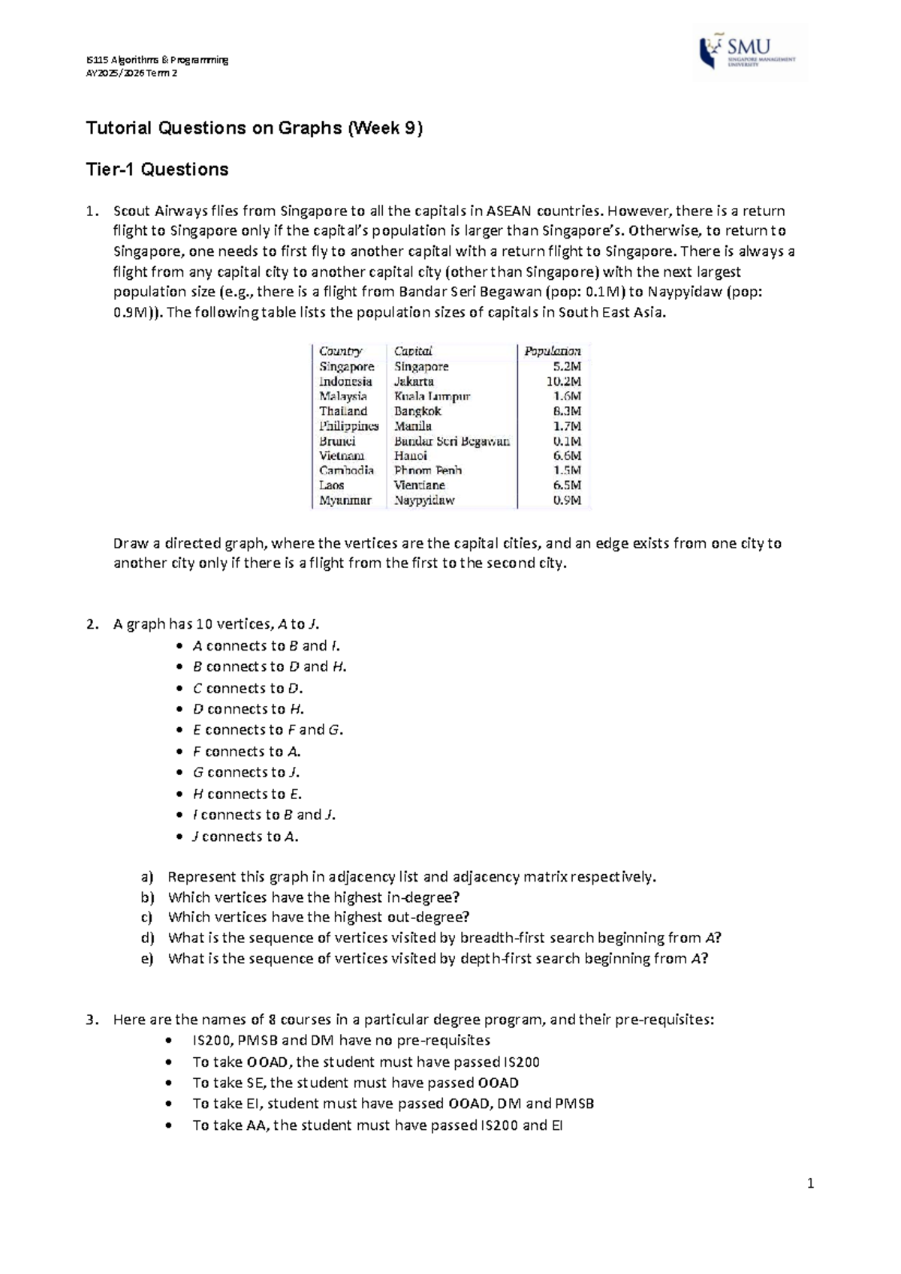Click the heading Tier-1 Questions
[x=157, y=170]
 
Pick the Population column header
[x=552, y=351]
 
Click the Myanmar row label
[x=345, y=500]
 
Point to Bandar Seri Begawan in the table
[x=451, y=441]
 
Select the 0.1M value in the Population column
[x=567, y=441]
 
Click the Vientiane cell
[x=419, y=485]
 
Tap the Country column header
[x=340, y=351]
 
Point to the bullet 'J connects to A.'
[x=245, y=837]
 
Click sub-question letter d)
[x=146, y=938]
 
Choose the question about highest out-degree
[x=318, y=917]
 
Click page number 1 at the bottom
[x=810, y=1185]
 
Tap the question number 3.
[x=90, y=1020]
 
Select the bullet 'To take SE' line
[x=355, y=1083]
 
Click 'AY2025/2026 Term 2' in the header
[x=132, y=73]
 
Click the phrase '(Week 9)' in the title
[x=384, y=128]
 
